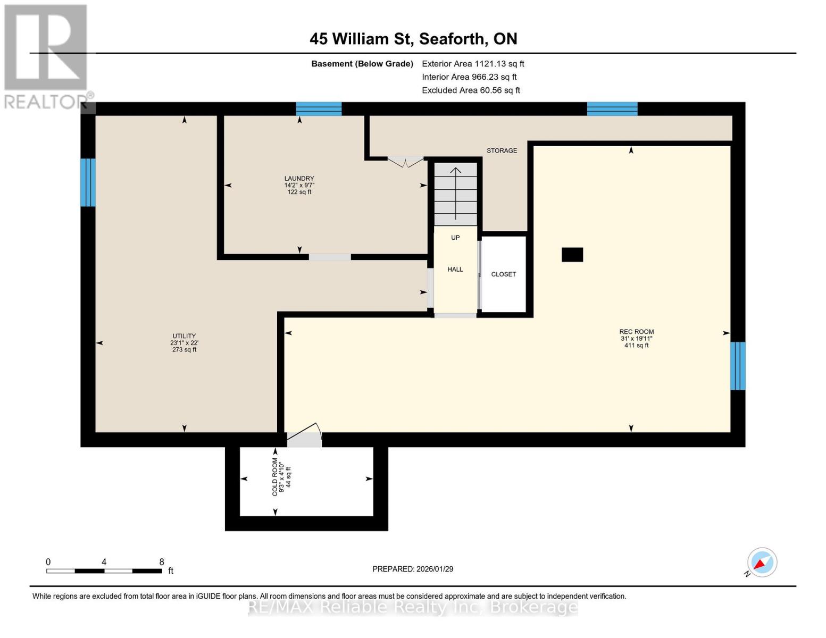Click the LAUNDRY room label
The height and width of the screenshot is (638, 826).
(x=299, y=179)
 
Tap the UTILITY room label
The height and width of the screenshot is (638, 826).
(x=184, y=336)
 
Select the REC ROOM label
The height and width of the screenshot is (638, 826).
(x=636, y=332)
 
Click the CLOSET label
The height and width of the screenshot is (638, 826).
(x=503, y=274)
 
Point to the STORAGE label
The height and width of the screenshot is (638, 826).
(x=502, y=150)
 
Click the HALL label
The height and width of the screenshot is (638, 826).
(x=455, y=270)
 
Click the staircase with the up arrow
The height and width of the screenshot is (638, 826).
(x=456, y=194)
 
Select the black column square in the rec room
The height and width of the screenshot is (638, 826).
(x=572, y=255)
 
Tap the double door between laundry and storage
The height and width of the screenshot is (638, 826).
(x=405, y=161)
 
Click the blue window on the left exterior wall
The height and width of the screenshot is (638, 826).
(x=88, y=182)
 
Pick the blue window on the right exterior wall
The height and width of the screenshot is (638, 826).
(x=737, y=366)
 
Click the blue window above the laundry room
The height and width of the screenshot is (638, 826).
(x=319, y=108)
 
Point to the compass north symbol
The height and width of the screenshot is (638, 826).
(x=762, y=563)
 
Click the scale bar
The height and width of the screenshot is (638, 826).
(x=104, y=571)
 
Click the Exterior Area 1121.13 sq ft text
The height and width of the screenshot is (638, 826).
(x=473, y=64)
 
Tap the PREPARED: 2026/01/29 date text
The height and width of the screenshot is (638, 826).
(x=413, y=569)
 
